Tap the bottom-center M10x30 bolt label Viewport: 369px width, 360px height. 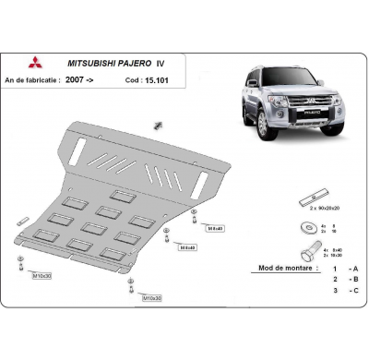click(x=150, y=298)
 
